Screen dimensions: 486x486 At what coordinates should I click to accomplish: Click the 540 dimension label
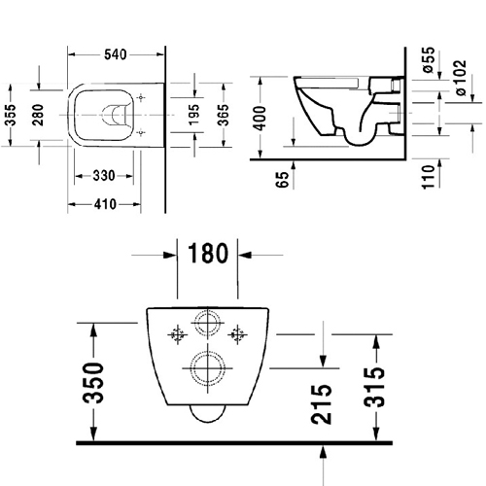click(x=116, y=54)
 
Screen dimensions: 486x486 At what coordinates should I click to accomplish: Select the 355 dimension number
click(x=11, y=115)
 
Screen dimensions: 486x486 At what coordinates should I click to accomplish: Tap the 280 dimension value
click(x=38, y=115)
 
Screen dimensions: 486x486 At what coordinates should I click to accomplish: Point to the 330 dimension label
click(x=104, y=176)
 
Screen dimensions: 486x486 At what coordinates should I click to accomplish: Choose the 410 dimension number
click(x=105, y=204)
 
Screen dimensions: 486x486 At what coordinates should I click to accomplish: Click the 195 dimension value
click(x=194, y=115)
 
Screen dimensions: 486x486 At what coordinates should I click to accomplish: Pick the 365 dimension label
click(x=223, y=115)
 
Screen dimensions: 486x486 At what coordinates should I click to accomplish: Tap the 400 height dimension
click(x=260, y=118)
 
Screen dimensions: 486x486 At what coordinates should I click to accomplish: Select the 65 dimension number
click(x=282, y=180)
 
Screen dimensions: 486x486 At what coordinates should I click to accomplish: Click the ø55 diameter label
click(x=429, y=59)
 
